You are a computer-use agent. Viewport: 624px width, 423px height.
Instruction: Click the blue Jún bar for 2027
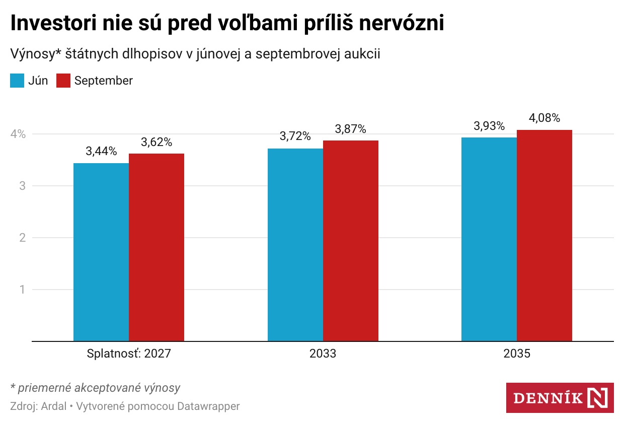tap(101, 252)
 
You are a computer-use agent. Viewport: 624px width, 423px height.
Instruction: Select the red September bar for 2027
tap(157, 247)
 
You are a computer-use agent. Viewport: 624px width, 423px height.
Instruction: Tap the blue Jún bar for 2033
tap(295, 245)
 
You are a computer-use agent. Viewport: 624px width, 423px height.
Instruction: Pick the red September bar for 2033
tap(351, 241)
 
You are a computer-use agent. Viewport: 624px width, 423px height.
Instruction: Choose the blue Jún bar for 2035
tap(489, 239)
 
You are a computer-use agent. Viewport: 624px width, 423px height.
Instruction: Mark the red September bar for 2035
tap(544, 235)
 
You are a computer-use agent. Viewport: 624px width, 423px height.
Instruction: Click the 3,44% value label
tap(101, 151)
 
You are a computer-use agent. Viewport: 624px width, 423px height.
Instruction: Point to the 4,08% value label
tap(544, 118)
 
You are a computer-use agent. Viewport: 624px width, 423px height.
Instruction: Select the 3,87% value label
tap(351, 129)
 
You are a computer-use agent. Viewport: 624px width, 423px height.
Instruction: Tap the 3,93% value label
tap(489, 126)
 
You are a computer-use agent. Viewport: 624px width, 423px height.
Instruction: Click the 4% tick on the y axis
tap(19, 134)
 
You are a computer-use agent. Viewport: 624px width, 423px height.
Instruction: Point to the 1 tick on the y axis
tap(22, 290)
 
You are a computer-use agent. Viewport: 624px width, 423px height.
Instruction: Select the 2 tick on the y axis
tap(22, 238)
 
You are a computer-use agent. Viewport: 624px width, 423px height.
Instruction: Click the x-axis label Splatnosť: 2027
tap(129, 354)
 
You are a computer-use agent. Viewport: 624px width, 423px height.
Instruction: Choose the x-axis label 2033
tap(323, 354)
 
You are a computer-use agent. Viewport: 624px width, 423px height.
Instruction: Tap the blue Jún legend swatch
tap(17, 81)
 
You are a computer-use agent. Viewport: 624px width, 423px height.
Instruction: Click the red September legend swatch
tap(63, 81)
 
